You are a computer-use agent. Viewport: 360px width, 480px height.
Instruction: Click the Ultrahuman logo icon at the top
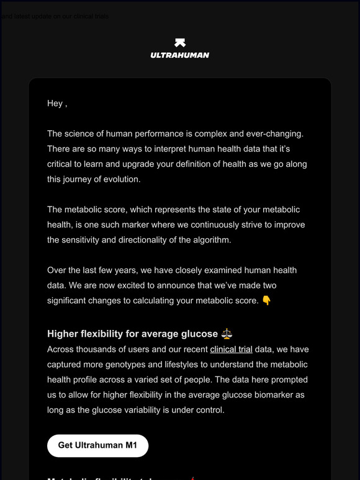[x=179, y=43]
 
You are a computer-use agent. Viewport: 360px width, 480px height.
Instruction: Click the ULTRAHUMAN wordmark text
[x=179, y=55]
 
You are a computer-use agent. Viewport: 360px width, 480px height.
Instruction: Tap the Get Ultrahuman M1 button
[x=97, y=445]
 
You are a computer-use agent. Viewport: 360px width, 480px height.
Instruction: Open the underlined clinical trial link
[x=231, y=349]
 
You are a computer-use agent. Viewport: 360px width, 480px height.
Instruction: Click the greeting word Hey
[x=55, y=104]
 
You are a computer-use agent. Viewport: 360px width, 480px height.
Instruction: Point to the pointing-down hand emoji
[x=266, y=301]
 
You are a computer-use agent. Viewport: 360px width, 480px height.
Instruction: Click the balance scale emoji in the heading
[x=227, y=334]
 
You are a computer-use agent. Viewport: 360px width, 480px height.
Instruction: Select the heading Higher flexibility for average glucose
[x=132, y=334]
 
